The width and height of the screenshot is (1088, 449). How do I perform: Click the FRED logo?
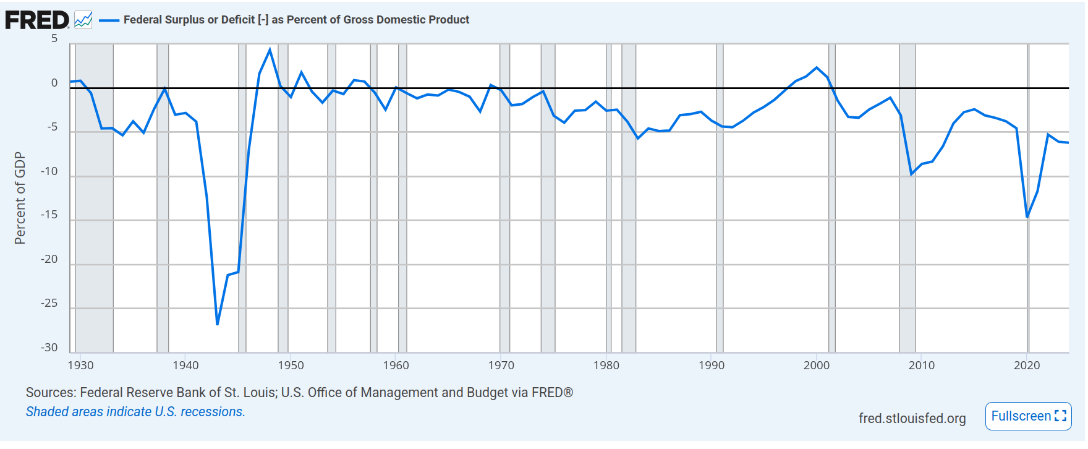[37, 20]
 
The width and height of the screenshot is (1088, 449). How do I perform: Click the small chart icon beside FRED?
[83, 20]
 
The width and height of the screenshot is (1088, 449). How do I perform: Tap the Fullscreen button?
[1028, 416]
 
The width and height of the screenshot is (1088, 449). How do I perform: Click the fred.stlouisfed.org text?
[912, 419]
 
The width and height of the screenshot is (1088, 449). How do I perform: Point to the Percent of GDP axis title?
[20, 198]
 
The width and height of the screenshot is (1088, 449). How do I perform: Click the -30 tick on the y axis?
[49, 348]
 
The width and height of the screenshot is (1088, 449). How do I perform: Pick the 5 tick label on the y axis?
[54, 38]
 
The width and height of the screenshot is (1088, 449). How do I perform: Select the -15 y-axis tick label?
[49, 215]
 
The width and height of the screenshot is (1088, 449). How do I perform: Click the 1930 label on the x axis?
[80, 366]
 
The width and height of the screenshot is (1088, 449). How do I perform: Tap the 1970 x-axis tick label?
[501, 366]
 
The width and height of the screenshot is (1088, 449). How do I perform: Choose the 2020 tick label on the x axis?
[1027, 366]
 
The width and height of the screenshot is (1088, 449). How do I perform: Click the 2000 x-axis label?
[816, 366]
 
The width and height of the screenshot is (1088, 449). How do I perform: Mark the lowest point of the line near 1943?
[218, 324]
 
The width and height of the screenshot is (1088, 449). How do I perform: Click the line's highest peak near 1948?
[270, 49]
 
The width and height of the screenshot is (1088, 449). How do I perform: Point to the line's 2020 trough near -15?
[1027, 216]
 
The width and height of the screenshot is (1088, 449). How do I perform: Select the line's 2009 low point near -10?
[911, 174]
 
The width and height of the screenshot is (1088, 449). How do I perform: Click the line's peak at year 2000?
[817, 67]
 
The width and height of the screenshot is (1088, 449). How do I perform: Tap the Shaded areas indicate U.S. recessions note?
[135, 412]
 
